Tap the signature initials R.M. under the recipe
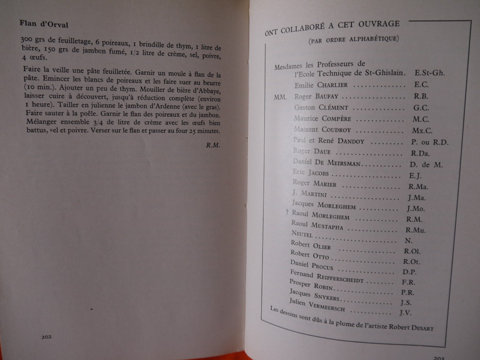[x=213, y=145]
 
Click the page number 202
[x=46, y=337]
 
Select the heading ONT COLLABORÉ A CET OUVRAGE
[x=332, y=27]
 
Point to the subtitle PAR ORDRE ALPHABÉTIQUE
[x=353, y=39]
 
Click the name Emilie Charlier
[x=321, y=85]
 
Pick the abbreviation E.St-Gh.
[x=429, y=73]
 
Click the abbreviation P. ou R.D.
[x=429, y=142]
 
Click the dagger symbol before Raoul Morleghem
[x=287, y=212]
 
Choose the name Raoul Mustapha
[x=317, y=225]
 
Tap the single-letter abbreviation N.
[x=408, y=240]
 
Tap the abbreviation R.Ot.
[x=411, y=262]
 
